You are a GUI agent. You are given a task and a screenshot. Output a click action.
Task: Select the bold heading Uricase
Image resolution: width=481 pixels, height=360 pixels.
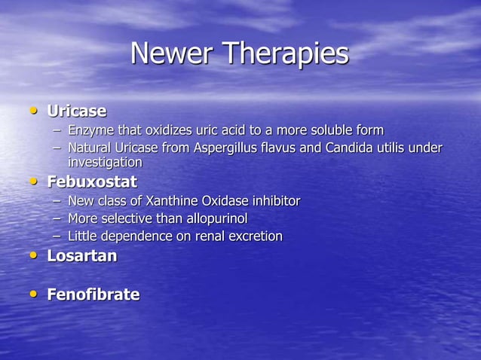coord(77,111)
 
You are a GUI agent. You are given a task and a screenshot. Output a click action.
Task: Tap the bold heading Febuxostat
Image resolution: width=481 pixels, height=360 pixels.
coord(92,182)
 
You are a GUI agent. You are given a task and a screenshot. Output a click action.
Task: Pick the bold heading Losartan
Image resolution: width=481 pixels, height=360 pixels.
coord(82,256)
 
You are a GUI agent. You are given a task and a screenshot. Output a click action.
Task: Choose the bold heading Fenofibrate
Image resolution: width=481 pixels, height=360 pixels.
coord(93,294)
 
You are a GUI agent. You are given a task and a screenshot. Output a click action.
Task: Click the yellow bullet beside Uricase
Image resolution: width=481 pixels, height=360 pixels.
coord(32,111)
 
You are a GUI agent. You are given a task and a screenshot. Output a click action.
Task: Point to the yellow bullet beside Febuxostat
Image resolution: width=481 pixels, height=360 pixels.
coord(32,182)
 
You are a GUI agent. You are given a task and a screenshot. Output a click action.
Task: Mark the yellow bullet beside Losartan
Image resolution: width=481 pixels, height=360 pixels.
coord(32,256)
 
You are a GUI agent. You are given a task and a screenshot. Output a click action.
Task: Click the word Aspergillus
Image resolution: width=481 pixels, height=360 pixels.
coord(228,148)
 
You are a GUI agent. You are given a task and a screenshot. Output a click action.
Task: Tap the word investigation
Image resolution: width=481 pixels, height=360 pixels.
coord(105,163)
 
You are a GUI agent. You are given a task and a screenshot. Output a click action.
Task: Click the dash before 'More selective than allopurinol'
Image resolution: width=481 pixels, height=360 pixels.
coord(57,219)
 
